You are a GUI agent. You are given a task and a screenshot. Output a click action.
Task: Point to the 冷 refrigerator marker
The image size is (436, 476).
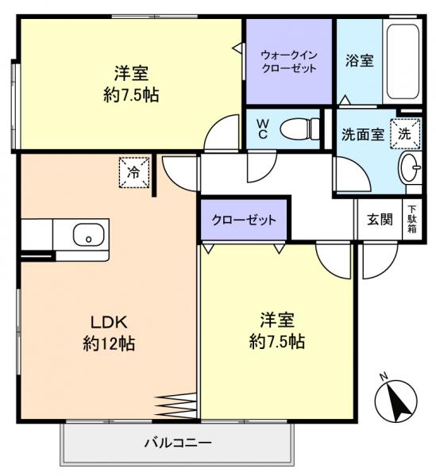point(133,172)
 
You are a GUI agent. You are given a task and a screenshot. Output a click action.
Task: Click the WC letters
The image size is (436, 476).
point(262,129)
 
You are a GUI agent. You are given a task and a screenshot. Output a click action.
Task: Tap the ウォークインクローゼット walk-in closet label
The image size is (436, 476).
point(289,61)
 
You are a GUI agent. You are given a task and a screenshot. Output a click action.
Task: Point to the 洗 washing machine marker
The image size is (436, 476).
point(405,133)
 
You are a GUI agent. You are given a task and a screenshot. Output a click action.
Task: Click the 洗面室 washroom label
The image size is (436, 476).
point(362,135)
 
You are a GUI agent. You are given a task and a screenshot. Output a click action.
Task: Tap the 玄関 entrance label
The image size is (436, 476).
point(380,220)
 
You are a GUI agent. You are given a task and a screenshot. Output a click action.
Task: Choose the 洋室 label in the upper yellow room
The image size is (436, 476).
point(130,74)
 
